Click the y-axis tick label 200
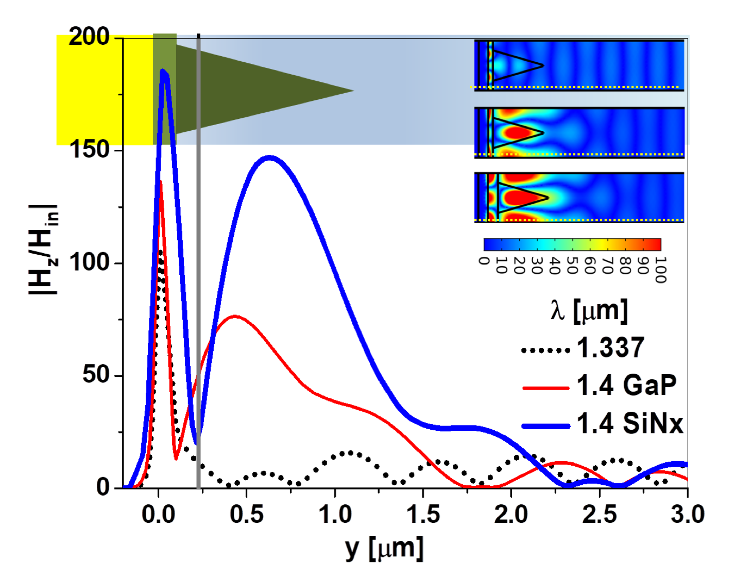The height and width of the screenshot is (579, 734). coord(89,37)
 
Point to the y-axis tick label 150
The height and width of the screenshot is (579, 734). coord(89,150)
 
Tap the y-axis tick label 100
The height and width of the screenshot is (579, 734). coord(89,262)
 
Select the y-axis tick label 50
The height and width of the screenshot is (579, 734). coord(96,374)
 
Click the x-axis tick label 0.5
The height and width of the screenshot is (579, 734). coord(247,514)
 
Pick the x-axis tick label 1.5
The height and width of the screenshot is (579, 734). coord(423,514)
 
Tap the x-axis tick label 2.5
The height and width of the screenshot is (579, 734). coord(600,514)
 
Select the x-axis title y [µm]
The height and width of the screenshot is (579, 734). coord(384,549)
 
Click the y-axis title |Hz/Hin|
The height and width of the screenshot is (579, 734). coord(44,250)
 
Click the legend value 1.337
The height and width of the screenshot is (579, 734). coord(610,347)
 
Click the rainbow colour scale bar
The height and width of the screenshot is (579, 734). coord(572,244)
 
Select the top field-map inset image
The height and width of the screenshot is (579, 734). coord(579,65)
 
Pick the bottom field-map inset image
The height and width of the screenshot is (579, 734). coord(579,198)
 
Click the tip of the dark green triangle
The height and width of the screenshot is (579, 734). coord(353,91)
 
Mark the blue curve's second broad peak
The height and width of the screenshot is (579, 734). coord(268,158)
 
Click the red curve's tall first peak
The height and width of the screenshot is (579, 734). coord(161,182)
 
